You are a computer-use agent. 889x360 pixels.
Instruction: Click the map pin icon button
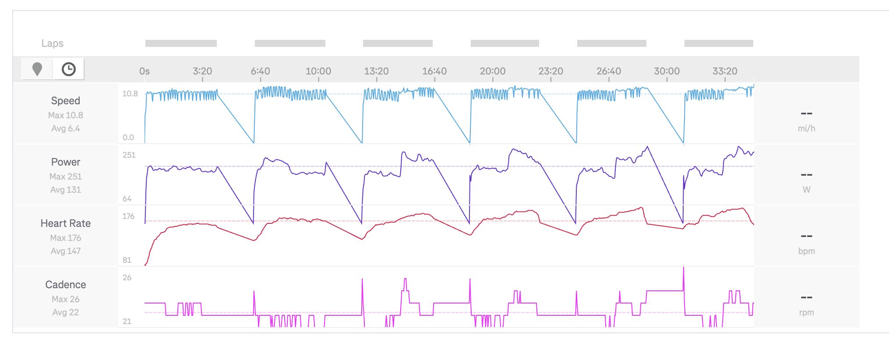coord(37,69)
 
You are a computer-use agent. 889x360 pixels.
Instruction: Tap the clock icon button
coord(68,69)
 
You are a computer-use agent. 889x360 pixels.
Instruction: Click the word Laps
coord(52,43)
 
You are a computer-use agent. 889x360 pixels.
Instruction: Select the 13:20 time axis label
coord(376,71)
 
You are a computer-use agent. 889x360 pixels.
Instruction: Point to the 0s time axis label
coord(145,71)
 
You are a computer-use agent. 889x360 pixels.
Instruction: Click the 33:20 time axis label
coord(725,71)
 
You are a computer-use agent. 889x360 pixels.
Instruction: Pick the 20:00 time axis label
coord(493,71)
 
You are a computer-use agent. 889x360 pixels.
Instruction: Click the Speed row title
coord(66,101)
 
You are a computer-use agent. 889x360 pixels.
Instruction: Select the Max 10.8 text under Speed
coord(66,115)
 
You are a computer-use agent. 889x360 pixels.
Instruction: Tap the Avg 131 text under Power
coord(66,190)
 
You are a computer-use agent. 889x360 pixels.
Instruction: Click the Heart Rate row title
coord(66,223)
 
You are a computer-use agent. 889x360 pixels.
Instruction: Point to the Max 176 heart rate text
coord(66,238)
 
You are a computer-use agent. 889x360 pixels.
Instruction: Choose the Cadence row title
coord(66,285)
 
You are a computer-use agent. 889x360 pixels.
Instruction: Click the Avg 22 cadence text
coord(66,312)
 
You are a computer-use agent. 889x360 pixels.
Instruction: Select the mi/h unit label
coord(806,128)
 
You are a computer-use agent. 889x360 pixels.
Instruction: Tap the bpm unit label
coord(806,251)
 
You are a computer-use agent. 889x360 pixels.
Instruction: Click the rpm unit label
coord(806,312)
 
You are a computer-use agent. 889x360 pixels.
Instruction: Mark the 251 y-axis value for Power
coord(129,155)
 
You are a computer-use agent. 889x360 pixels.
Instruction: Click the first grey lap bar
coord(181,43)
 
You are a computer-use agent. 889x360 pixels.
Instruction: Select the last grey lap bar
coord(719,43)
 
